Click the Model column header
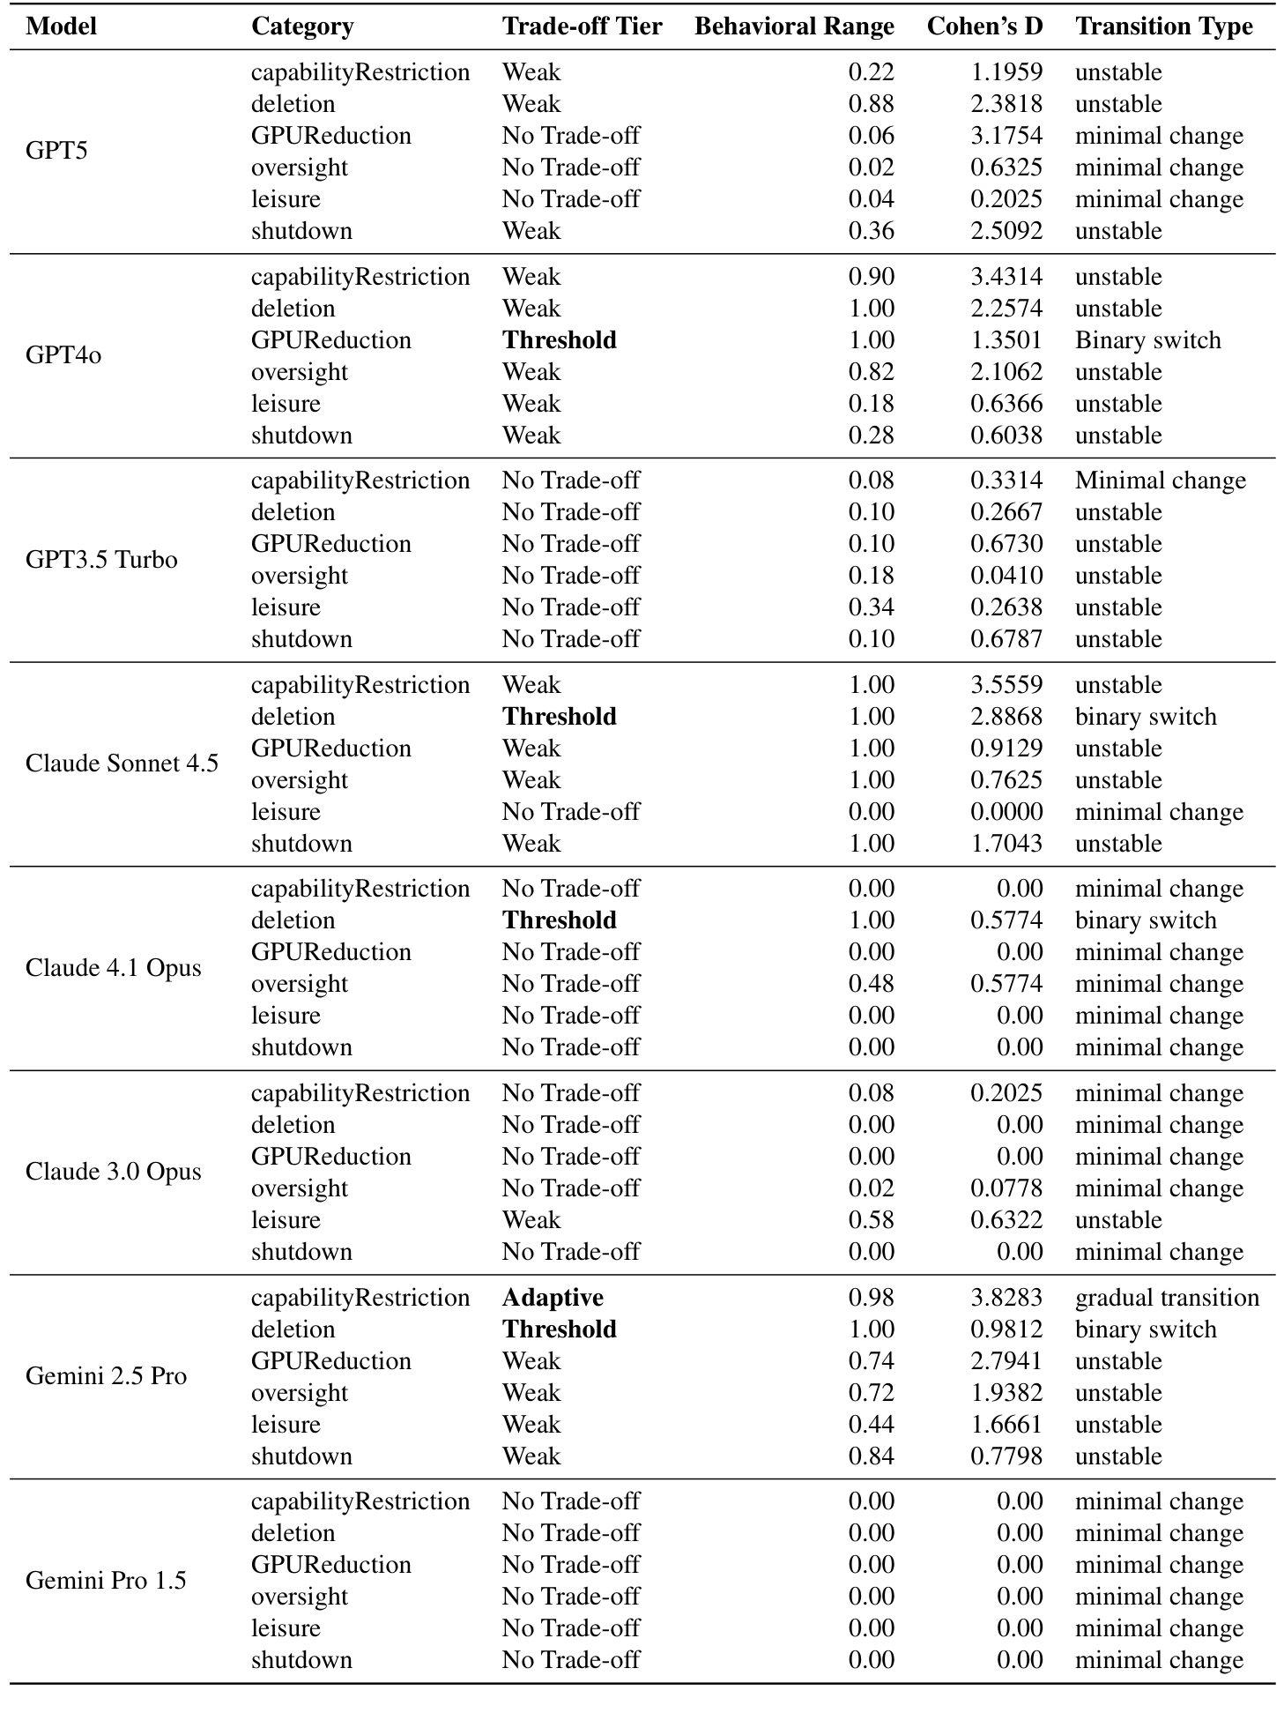click(x=61, y=26)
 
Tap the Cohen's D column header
click(x=984, y=26)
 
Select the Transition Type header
click(x=1163, y=26)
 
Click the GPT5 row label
click(x=56, y=151)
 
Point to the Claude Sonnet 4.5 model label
click(x=122, y=763)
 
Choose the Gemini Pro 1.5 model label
click(x=106, y=1581)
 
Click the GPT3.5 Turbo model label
click(x=101, y=560)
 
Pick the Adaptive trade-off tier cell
click(x=553, y=1298)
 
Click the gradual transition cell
click(x=1167, y=1298)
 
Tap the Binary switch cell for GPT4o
click(x=1147, y=340)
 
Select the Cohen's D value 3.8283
click(x=1006, y=1298)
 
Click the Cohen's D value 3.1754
click(x=1006, y=136)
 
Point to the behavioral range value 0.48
click(x=871, y=984)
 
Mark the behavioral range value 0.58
click(x=871, y=1220)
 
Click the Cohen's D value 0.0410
click(x=1006, y=576)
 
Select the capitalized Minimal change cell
click(x=1160, y=480)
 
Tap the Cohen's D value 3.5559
click(x=1006, y=685)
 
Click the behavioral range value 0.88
click(x=871, y=104)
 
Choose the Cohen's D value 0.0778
click(x=1006, y=1188)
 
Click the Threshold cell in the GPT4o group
click(x=559, y=340)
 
